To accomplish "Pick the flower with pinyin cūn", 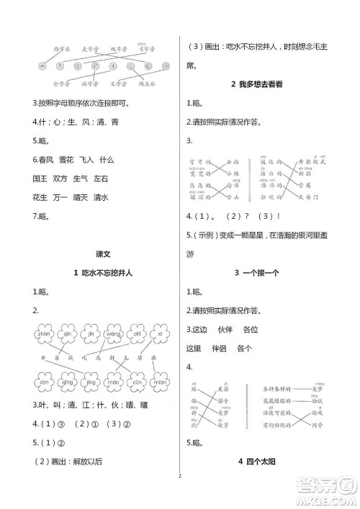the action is (x=68, y=382).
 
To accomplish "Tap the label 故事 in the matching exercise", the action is (x=223, y=426).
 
